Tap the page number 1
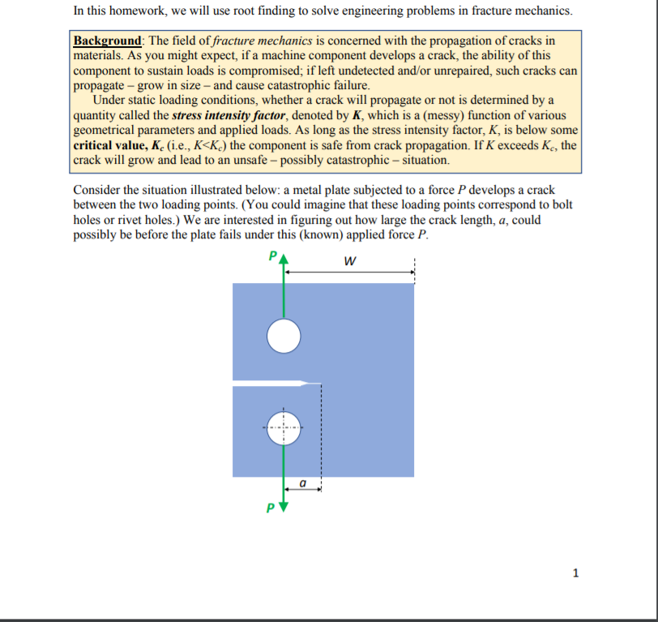pos(575,573)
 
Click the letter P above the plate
pos(271,259)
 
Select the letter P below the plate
pos(271,510)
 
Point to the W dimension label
pos(349,261)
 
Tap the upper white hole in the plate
pos(284,337)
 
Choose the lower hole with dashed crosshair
pos(284,427)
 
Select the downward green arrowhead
pos(284,508)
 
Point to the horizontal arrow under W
pos(349,273)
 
